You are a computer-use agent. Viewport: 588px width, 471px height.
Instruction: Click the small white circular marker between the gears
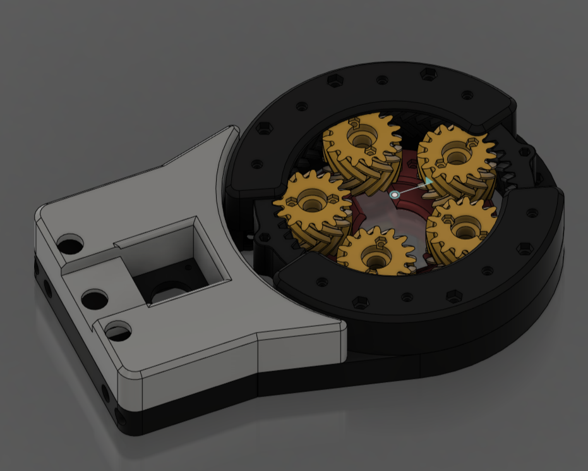(395, 195)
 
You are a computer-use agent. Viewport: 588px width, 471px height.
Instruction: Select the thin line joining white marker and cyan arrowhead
(411, 189)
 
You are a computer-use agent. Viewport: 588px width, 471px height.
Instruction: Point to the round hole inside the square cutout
(169, 291)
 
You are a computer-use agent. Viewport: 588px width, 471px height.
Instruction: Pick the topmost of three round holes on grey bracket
(70, 243)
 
